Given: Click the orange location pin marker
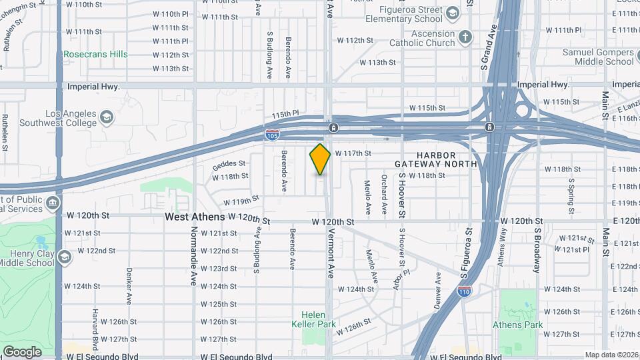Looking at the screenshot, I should [x=320, y=159].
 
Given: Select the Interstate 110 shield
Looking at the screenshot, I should [x=465, y=291].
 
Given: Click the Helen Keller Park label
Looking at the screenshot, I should [x=313, y=319].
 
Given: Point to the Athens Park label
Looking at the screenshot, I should [x=517, y=325].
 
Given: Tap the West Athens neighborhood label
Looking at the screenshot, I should [x=195, y=217].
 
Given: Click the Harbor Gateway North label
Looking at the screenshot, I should [x=435, y=159].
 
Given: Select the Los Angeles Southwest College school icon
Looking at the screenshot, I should [x=107, y=119].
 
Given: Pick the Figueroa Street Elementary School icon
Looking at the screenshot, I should [x=453, y=13].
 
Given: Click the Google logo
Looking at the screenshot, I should [x=22, y=351].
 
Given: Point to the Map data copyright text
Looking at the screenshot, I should [x=611, y=355].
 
